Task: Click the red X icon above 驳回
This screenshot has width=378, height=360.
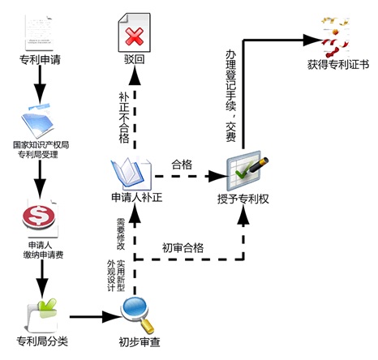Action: [x=134, y=36]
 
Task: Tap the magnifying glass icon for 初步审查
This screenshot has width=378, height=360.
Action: [x=137, y=315]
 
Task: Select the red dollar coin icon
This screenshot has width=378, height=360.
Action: [x=38, y=216]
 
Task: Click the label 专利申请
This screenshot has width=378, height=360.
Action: [x=40, y=60]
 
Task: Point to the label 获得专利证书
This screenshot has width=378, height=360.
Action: [x=338, y=65]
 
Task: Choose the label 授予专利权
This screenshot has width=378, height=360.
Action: [x=243, y=199]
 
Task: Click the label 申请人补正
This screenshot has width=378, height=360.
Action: [x=137, y=198]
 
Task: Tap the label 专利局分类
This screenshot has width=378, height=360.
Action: [x=42, y=341]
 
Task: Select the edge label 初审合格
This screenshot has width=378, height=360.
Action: [x=183, y=248]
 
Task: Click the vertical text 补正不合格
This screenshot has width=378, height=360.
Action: [x=124, y=118]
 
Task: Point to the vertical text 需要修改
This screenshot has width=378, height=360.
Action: [x=121, y=234]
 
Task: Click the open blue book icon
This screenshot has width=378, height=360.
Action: [x=131, y=174]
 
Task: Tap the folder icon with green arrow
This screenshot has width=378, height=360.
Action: [x=43, y=315]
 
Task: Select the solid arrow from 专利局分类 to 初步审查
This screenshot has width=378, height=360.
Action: [x=95, y=317]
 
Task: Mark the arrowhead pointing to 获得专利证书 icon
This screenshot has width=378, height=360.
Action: [x=311, y=41]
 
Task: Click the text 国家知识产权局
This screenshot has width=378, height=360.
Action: [x=41, y=145]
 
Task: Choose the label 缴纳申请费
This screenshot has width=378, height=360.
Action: [x=43, y=255]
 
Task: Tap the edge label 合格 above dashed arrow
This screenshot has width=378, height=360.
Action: [x=182, y=165]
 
